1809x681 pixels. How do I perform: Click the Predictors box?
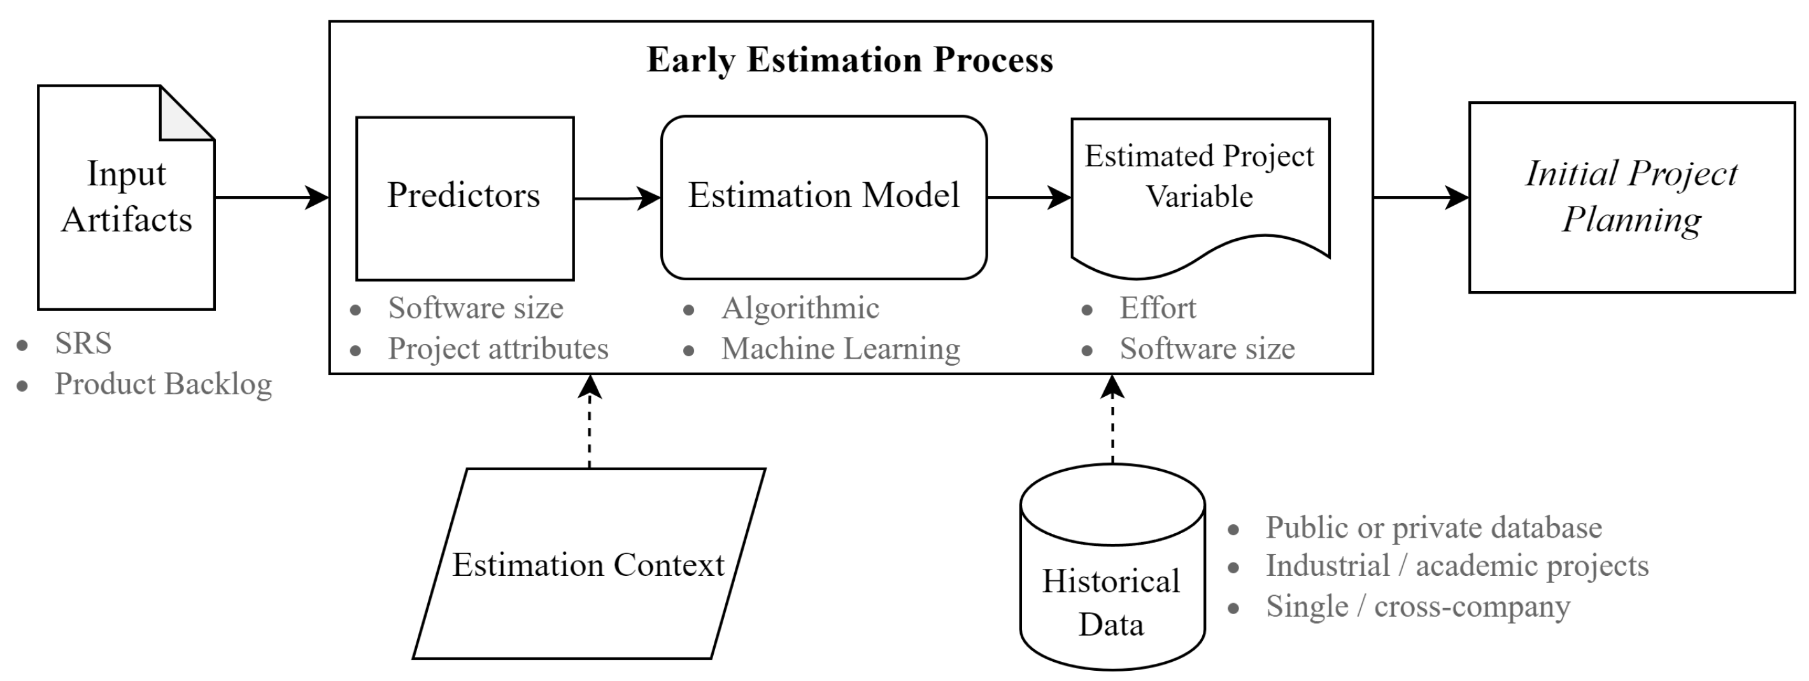click(464, 198)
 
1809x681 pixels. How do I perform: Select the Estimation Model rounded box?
click(824, 197)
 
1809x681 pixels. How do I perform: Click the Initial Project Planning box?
click(1631, 197)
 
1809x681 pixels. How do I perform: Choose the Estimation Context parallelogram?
click(588, 564)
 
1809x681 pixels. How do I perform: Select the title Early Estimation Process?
click(849, 60)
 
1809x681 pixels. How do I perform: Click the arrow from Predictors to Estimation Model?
click(616, 198)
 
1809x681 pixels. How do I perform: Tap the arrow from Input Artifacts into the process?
click(271, 197)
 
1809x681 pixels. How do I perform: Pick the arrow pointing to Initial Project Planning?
click(1420, 197)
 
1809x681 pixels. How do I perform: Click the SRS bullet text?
click(83, 343)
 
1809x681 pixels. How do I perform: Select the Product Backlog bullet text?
click(163, 384)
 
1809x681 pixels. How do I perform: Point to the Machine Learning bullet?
click(841, 349)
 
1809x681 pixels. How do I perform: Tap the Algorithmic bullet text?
click(800, 308)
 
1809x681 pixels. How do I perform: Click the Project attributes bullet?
click(498, 349)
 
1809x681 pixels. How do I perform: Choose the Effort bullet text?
click(1158, 308)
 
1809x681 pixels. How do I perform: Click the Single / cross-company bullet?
click(1417, 606)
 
